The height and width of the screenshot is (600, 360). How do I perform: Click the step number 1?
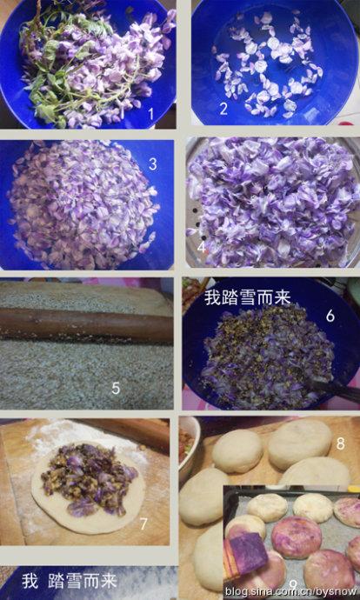150,113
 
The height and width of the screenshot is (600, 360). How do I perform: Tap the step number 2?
223,109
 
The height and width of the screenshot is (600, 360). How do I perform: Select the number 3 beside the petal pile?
153,163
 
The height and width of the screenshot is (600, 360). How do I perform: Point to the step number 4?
202,247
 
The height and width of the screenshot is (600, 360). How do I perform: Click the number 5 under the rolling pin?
116,388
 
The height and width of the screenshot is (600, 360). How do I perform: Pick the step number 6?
330,316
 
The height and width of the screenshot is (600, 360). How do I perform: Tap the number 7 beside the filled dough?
143,523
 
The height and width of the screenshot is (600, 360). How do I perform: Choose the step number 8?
340,443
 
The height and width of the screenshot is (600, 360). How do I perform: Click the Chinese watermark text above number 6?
248,297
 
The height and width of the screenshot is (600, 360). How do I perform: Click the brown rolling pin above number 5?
86,324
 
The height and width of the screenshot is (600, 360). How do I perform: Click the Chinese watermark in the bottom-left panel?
70,581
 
